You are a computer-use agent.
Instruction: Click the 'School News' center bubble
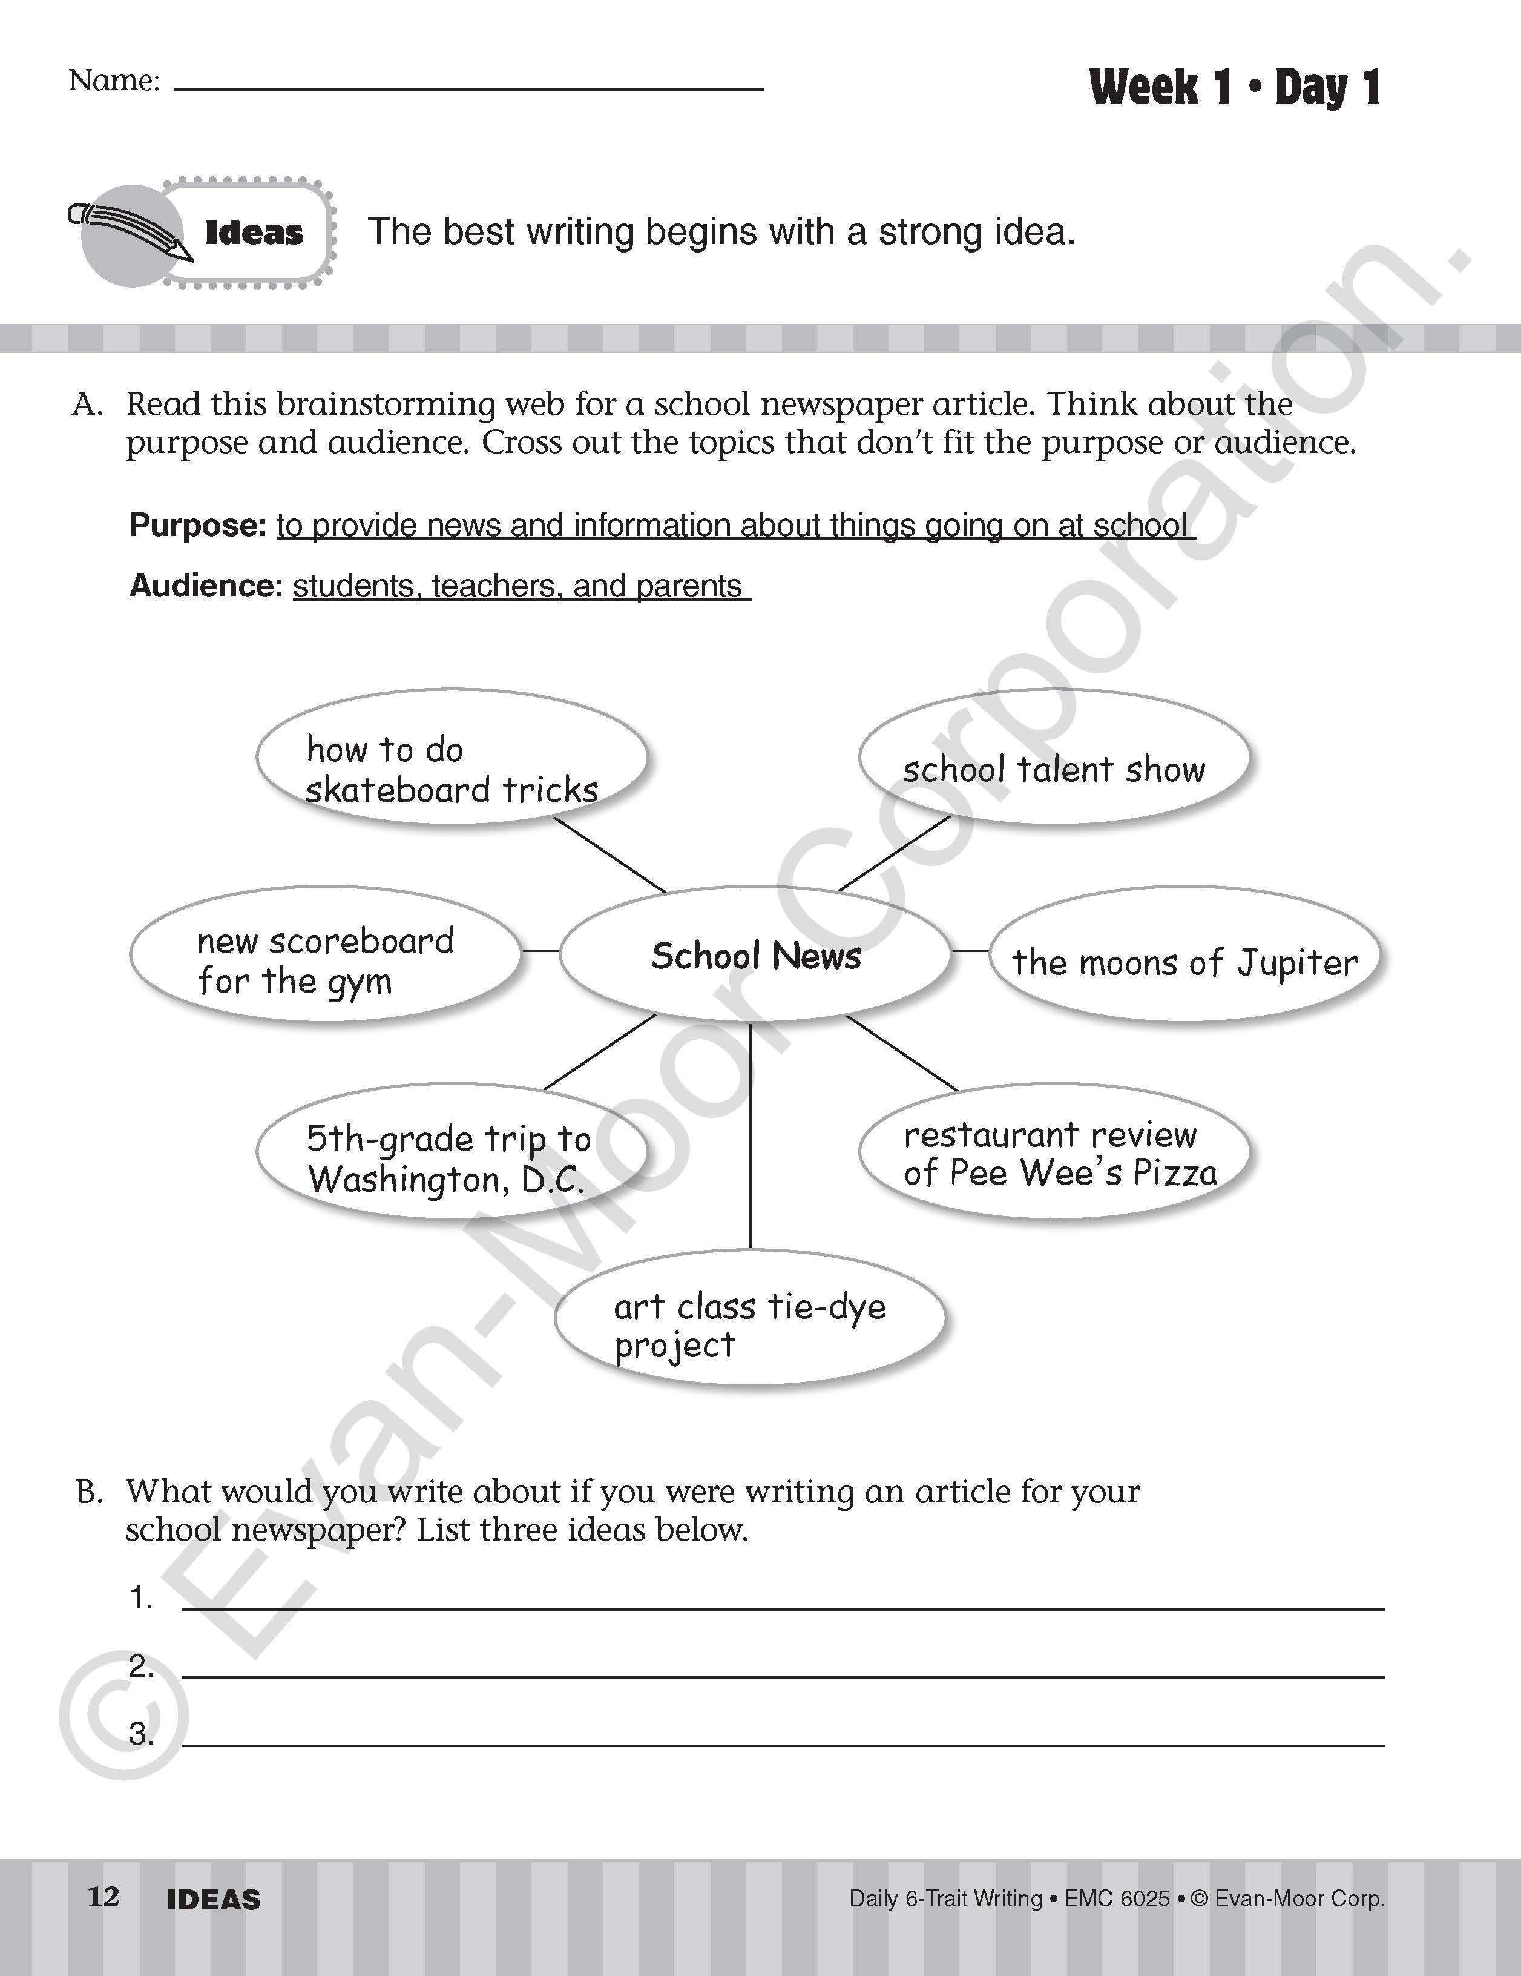pyautogui.click(x=755, y=954)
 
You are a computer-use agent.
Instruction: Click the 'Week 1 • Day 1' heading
pyautogui.click(x=1234, y=88)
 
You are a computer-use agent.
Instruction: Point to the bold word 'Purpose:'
pyautogui.click(x=198, y=525)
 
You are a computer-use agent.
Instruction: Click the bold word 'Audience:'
pyautogui.click(x=207, y=586)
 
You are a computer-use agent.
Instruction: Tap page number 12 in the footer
pyautogui.click(x=103, y=1897)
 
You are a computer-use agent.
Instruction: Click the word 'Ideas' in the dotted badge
pyautogui.click(x=254, y=233)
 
